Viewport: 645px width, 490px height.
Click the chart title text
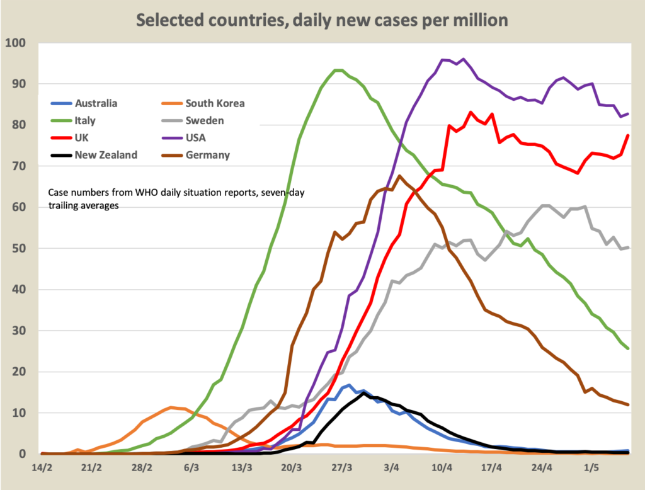click(x=322, y=20)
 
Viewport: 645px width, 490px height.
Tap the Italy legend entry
click(x=86, y=120)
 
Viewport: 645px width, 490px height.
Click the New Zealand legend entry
click(x=106, y=155)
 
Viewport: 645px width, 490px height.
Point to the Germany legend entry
click(x=207, y=155)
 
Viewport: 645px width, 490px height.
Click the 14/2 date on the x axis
click(x=42, y=469)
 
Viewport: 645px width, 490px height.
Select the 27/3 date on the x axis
click(x=342, y=469)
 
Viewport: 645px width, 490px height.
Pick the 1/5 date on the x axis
click(x=591, y=469)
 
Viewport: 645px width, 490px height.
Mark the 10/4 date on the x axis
click(x=442, y=469)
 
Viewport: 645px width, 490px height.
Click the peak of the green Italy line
click(x=338, y=70)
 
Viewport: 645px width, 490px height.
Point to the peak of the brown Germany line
click(x=400, y=176)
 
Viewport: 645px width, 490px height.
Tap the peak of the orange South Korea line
click(x=171, y=407)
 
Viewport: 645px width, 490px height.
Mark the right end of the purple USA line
click(x=629, y=114)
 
